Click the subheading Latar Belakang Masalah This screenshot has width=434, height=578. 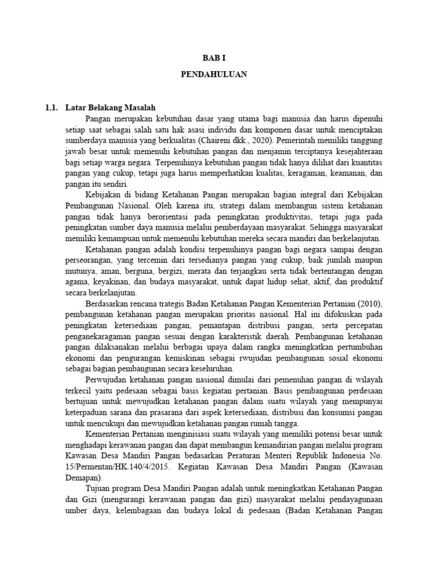110,107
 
